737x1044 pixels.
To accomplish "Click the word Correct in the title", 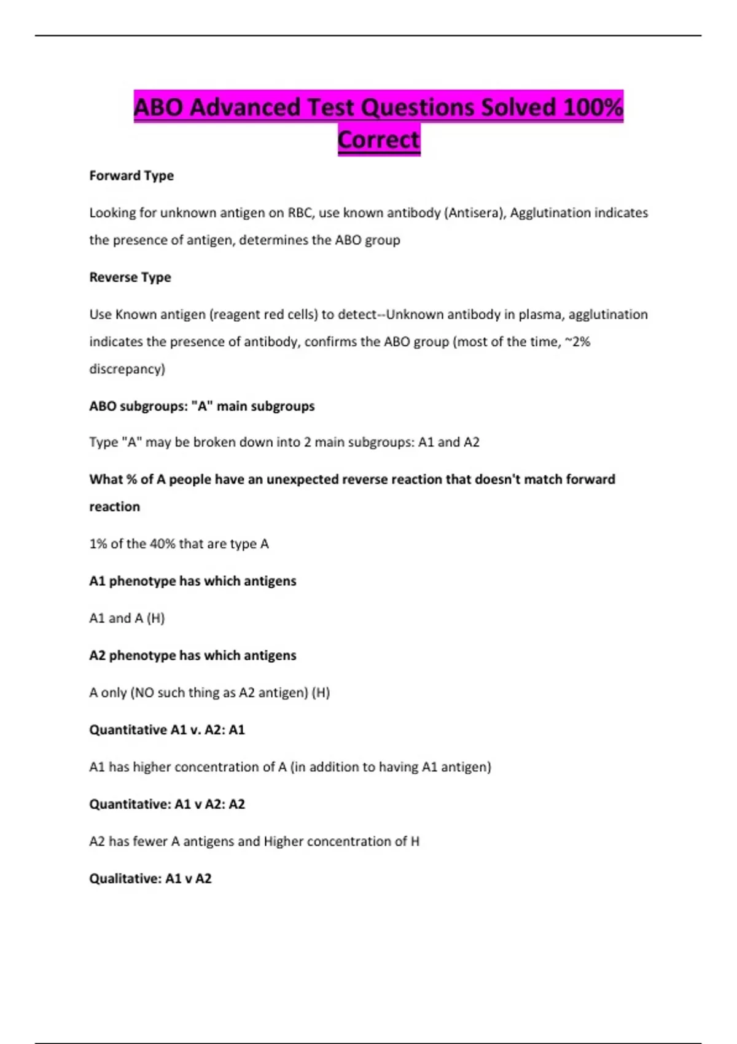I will [378, 140].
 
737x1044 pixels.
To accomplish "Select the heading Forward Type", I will [131, 176].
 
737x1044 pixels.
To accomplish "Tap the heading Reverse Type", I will [130, 277].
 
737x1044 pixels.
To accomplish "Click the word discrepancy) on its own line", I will [127, 369].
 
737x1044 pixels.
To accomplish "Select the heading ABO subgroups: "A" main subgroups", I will [201, 406].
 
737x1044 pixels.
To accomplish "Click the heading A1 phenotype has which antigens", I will [192, 581].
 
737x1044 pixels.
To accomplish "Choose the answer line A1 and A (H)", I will [127, 618].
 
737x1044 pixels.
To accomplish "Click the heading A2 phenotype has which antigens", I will [192, 655].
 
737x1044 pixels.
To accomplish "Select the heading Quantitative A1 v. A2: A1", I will [167, 730].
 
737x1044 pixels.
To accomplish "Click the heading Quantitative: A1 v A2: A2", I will [167, 804].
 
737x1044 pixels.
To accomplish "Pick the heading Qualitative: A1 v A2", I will [150, 879].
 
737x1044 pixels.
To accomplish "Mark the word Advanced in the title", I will [245, 107].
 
